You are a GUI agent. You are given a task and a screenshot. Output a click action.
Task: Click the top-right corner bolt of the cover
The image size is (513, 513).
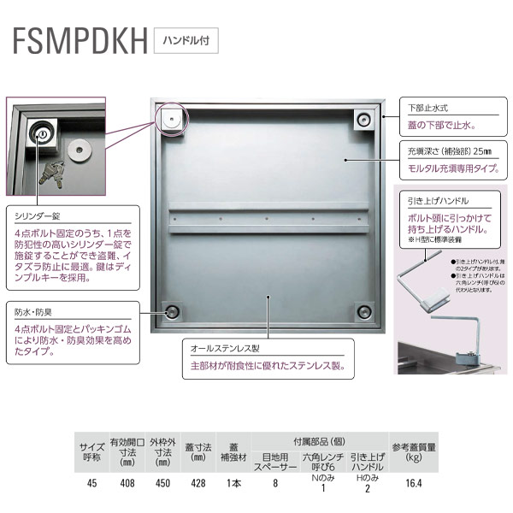(x=366, y=118)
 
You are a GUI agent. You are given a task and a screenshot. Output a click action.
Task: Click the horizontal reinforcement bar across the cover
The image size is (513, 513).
(x=268, y=221)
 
